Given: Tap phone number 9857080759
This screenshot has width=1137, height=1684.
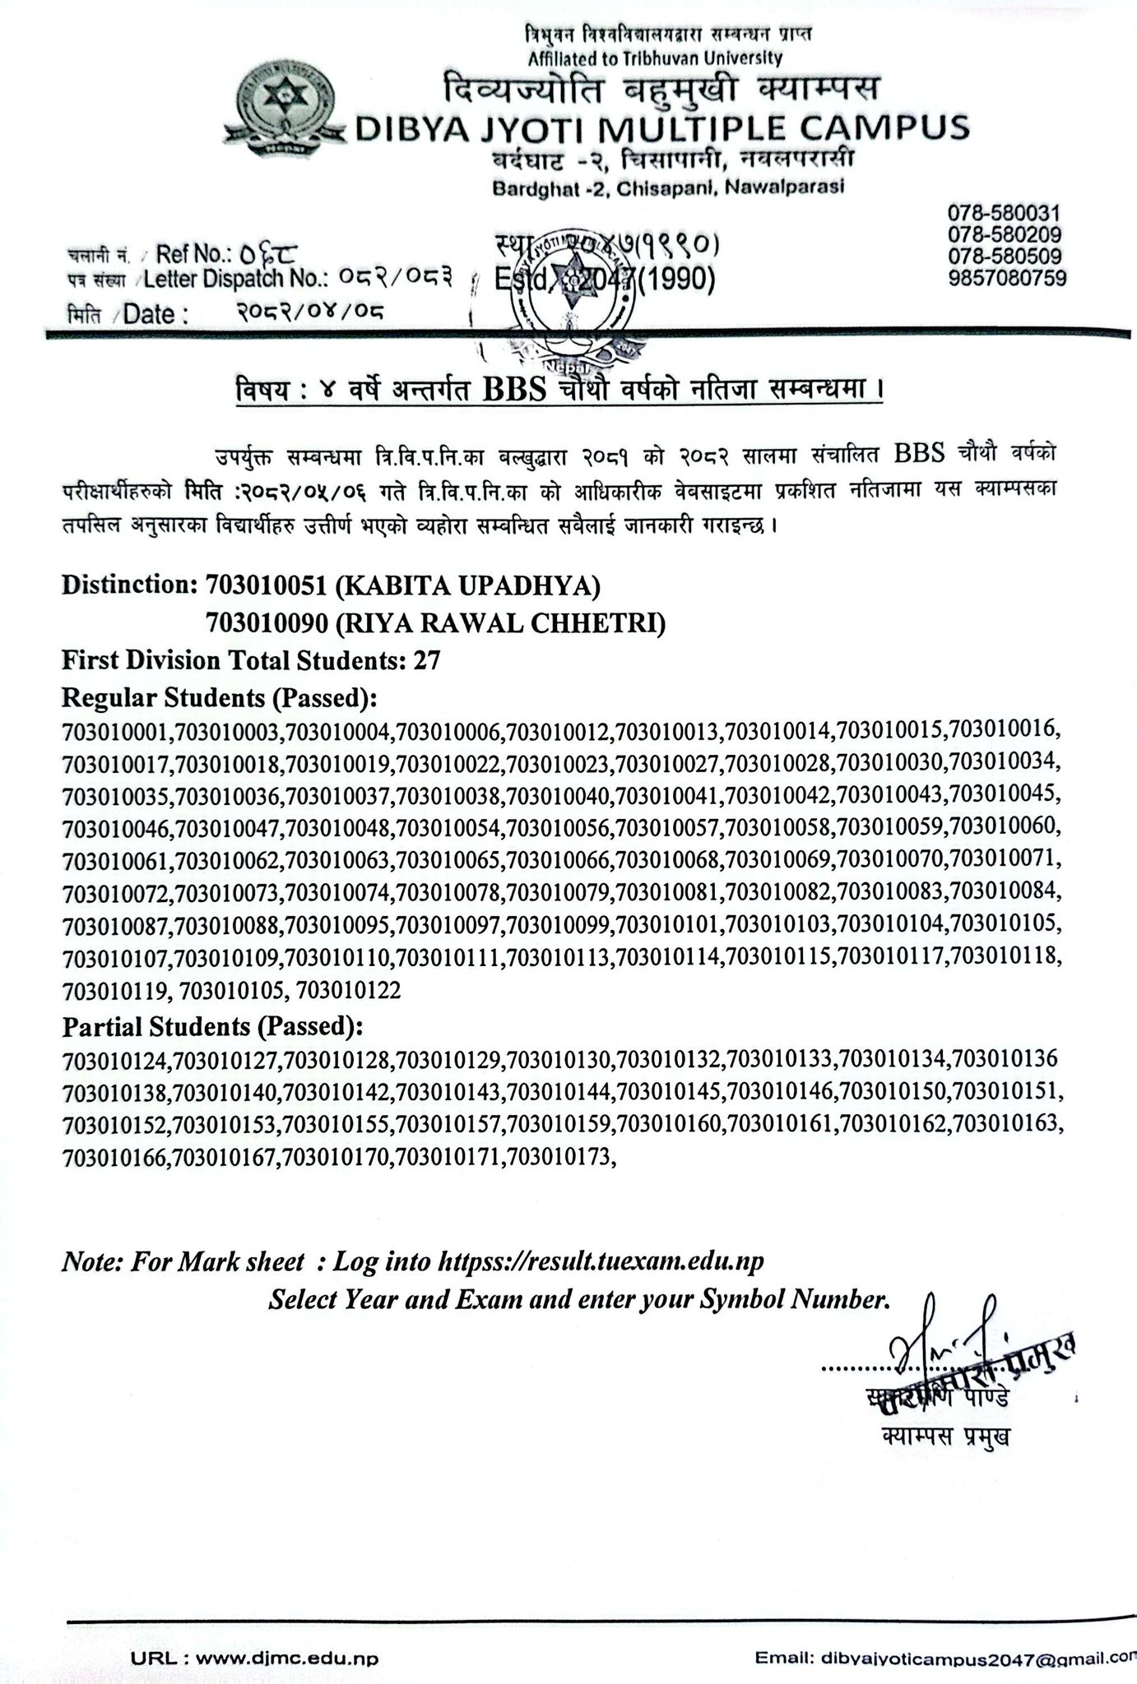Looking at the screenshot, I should tap(1007, 278).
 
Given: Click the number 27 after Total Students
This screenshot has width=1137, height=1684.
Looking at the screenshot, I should tap(428, 660).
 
